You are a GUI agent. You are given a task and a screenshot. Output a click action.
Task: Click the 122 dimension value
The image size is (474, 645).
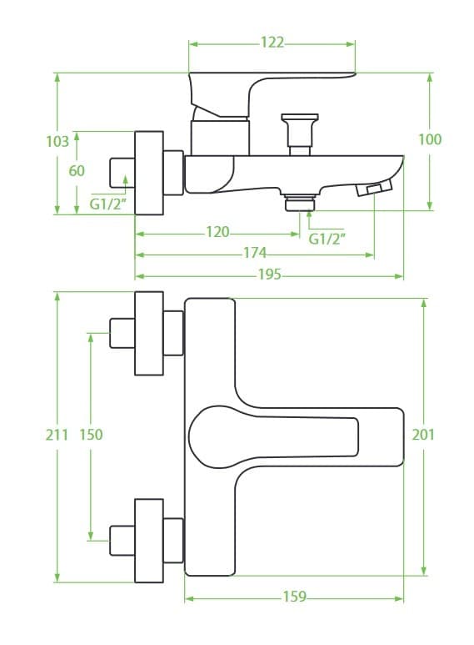point(272,43)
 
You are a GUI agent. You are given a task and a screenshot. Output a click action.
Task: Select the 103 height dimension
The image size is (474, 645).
point(57,142)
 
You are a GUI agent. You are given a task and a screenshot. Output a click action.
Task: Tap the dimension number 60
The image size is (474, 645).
point(77,170)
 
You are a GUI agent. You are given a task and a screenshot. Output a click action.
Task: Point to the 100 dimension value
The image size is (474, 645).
point(430,139)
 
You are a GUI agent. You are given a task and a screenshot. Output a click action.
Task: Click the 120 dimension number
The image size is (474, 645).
point(217,232)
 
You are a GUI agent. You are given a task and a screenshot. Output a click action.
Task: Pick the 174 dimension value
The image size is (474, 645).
point(255,253)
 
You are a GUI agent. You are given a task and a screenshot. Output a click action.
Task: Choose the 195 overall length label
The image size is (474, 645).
point(269,274)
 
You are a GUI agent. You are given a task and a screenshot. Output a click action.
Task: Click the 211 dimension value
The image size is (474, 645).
point(57,435)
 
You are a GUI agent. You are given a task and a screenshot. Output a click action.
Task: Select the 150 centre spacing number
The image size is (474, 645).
point(91,435)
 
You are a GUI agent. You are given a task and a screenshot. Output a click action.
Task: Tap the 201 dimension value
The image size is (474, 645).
point(423,435)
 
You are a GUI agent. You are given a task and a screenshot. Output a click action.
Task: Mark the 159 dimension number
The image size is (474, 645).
point(295,597)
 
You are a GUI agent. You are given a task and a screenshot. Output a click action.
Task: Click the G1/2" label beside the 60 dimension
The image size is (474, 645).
point(107,204)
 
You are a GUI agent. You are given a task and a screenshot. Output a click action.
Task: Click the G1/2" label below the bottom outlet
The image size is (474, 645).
point(327,239)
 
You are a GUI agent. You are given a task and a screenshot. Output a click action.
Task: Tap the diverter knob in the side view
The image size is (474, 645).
point(300,134)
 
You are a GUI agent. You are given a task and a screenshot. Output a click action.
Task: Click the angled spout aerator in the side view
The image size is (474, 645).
point(374,189)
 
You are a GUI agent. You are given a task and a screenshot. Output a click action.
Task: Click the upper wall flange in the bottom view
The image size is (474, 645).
point(149,334)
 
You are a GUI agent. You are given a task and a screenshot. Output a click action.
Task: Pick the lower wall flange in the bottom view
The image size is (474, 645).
point(149,541)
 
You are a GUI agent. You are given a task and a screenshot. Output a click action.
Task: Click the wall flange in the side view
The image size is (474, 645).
point(149,174)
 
